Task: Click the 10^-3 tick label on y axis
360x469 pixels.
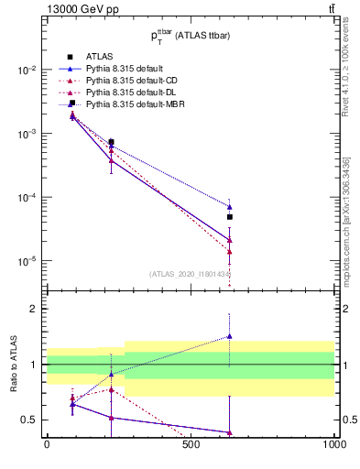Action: pos(27,134)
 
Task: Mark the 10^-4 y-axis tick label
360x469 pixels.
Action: pos(27,198)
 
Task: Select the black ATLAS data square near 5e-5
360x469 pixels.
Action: pos(230,217)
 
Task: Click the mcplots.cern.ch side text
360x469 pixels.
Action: pos(352,229)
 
